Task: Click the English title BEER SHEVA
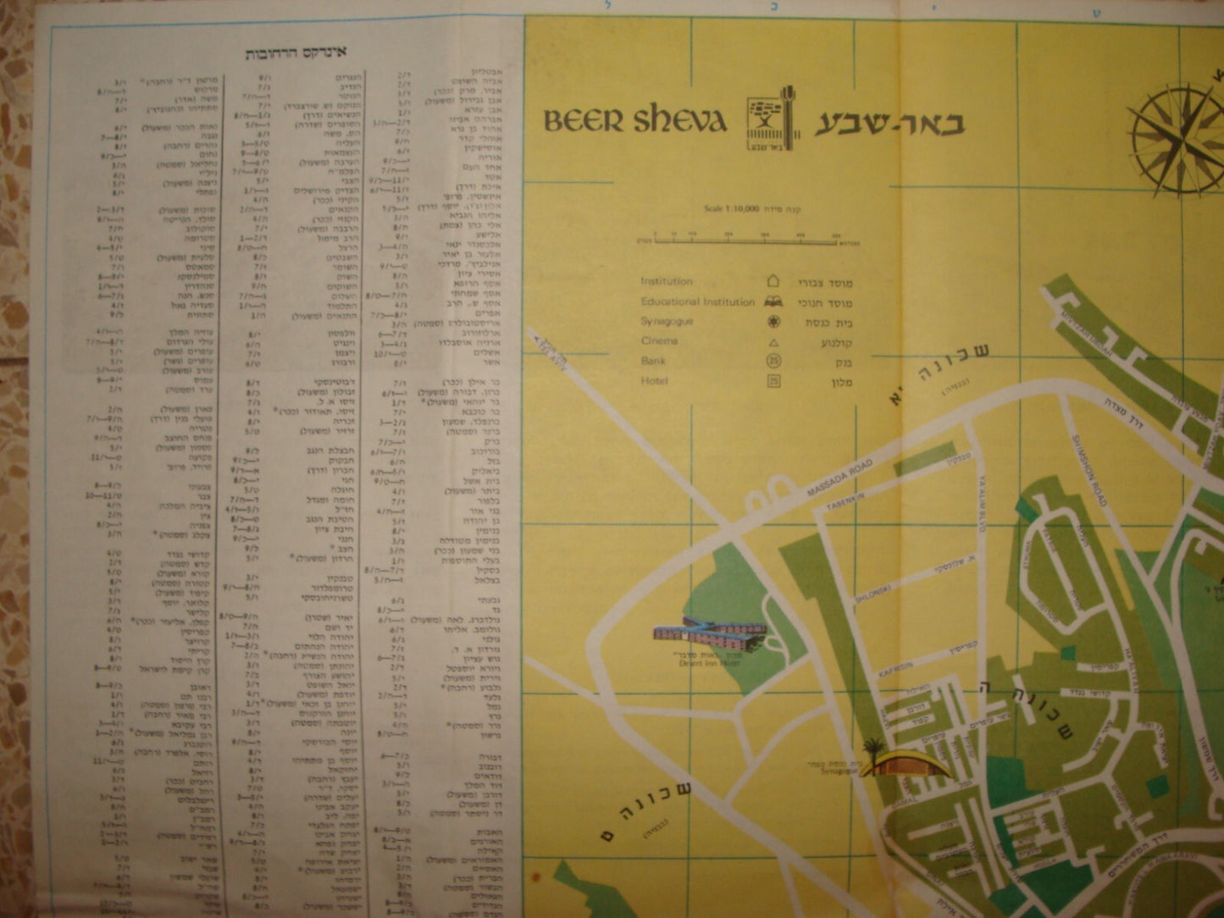pos(634,120)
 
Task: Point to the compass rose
pos(1177,140)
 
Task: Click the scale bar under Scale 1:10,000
pos(749,240)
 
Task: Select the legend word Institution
pos(667,281)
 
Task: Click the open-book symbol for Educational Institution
pos(773,301)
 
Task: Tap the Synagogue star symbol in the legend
pos(773,322)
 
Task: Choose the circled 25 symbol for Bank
pos(773,362)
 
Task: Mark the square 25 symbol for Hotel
pos(773,381)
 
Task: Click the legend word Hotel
pos(654,381)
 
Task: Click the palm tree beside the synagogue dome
pos(873,750)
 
